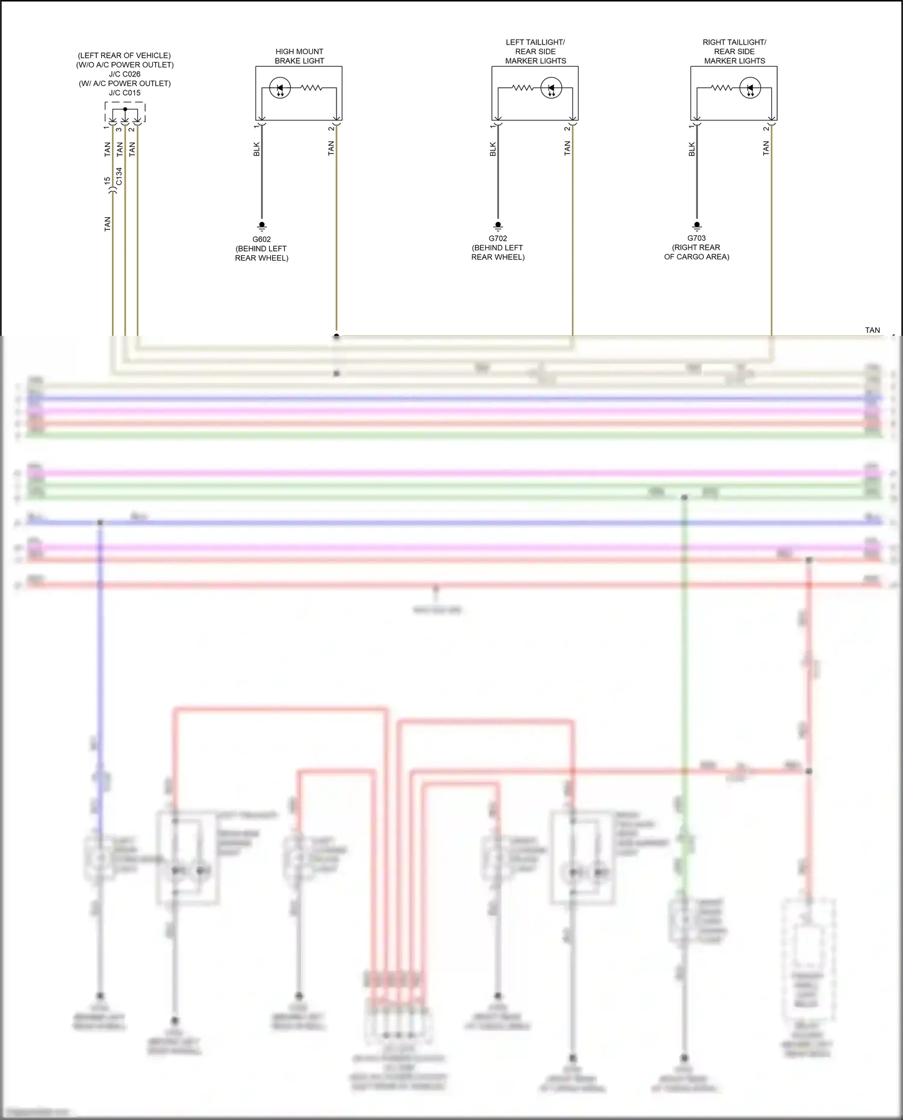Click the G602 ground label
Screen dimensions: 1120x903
pos(261,239)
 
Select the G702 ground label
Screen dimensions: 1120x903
pos(497,238)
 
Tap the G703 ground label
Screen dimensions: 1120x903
pos(697,238)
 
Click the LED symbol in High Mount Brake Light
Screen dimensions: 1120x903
pos(280,88)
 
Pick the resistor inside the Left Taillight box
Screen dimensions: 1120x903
pos(523,88)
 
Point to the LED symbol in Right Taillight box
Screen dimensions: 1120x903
pos(750,88)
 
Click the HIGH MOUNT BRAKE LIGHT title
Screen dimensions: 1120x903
pos(299,56)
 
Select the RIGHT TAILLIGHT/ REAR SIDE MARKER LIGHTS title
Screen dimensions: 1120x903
pos(734,51)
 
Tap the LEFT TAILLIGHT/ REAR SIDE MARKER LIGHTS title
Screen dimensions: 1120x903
pos(535,51)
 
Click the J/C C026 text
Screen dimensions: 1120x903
pos(125,74)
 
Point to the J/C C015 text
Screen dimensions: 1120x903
pos(125,93)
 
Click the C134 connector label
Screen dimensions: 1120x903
pos(119,176)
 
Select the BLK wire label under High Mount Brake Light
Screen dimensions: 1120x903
pos(256,149)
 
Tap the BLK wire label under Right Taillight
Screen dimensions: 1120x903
pos(692,149)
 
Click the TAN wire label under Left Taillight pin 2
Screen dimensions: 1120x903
pos(567,149)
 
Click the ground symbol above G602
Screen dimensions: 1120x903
pos(261,226)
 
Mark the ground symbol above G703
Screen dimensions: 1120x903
pos(697,226)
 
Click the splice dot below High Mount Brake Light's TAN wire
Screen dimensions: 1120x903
pos(337,336)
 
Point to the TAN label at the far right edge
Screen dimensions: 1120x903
pos(872,330)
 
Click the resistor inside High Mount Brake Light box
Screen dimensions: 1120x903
pos(311,88)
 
